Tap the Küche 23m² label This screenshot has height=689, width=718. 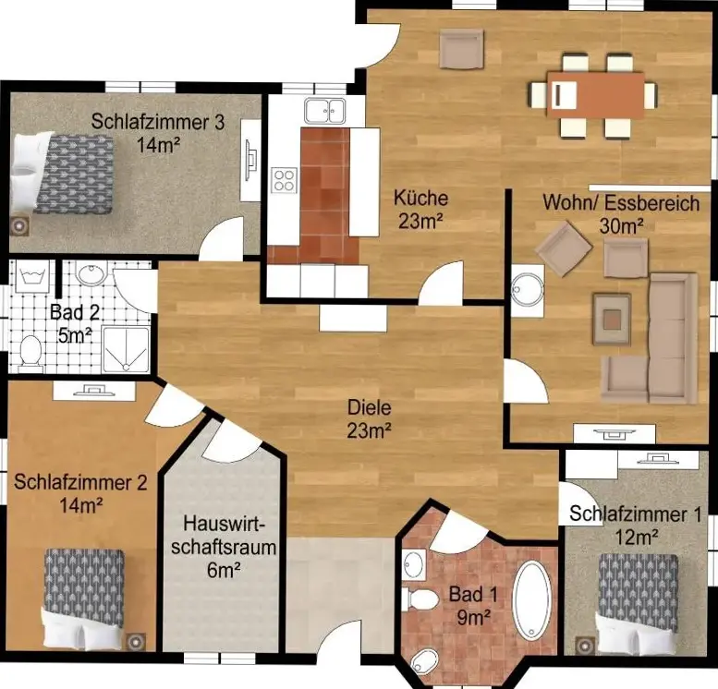click(x=420, y=210)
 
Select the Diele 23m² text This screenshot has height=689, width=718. click(x=369, y=418)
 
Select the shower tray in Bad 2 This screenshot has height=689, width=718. click(x=126, y=350)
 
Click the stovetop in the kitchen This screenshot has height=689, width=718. click(x=285, y=179)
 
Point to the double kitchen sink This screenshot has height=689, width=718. click(x=324, y=110)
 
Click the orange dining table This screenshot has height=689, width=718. click(x=595, y=95)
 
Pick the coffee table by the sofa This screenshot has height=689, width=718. click(x=612, y=319)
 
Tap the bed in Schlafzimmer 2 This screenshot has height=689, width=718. click(x=84, y=598)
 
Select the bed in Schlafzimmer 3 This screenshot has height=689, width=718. click(x=62, y=174)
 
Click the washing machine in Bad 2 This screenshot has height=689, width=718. click(x=31, y=276)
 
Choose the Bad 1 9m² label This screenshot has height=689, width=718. click(x=473, y=605)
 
